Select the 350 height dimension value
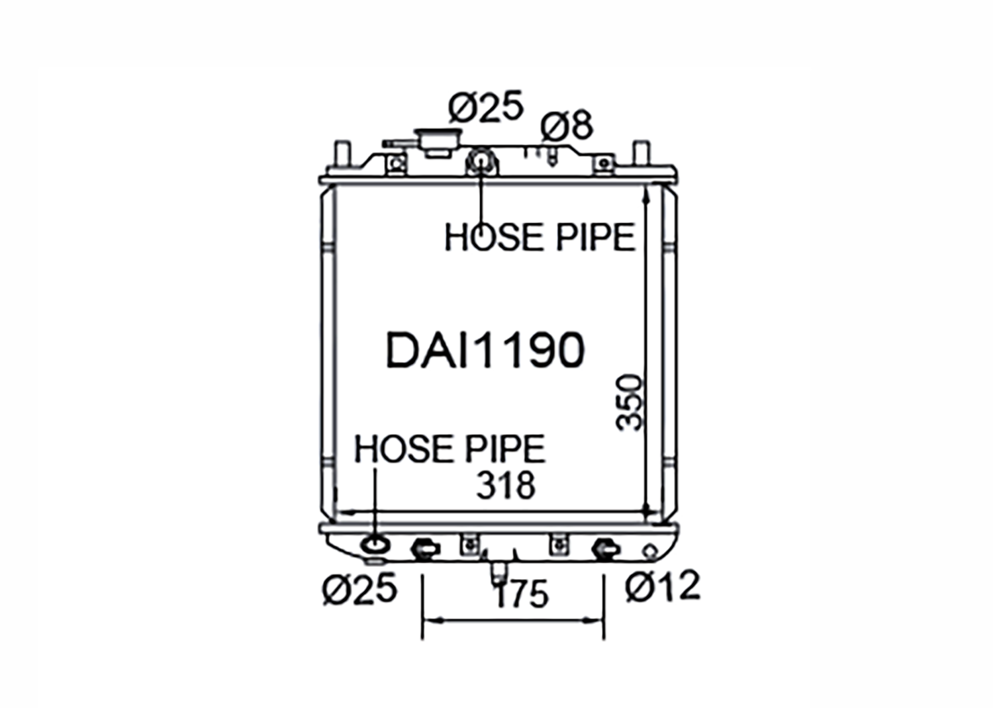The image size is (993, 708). point(630,402)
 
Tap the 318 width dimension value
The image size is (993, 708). point(506,486)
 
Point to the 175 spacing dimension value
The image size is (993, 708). point(522,594)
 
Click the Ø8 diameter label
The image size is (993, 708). point(567,125)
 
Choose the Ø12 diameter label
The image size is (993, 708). point(663,587)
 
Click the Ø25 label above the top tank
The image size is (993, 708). point(486,107)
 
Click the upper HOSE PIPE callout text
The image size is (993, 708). point(540,238)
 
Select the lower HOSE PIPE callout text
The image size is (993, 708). point(450,449)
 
